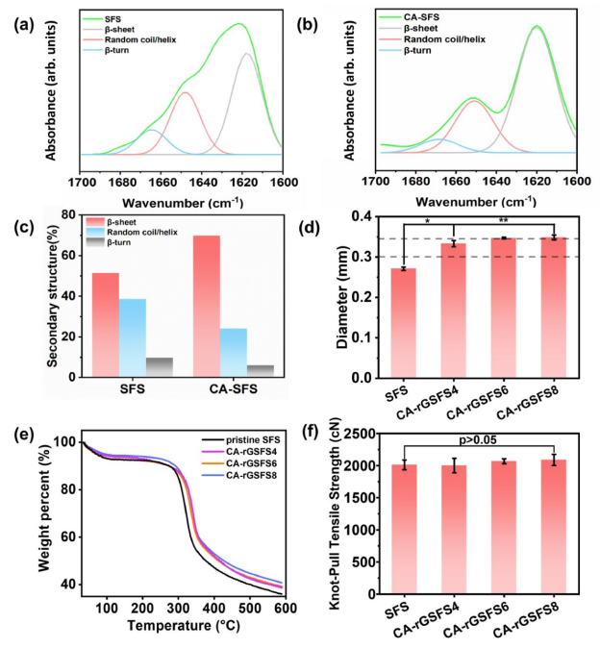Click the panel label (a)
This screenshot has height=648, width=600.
[21, 26]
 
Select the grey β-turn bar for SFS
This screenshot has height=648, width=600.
[160, 367]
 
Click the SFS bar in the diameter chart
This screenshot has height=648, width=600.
[404, 323]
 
